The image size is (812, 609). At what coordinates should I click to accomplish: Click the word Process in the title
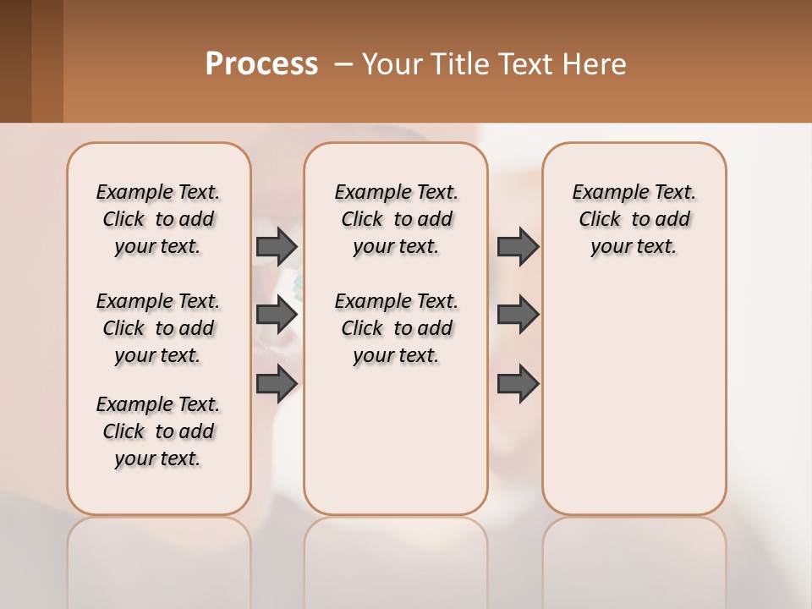[x=261, y=64]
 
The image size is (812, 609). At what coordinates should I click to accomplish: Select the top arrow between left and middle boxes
[x=276, y=246]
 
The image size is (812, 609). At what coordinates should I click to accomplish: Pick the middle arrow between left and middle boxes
[x=276, y=315]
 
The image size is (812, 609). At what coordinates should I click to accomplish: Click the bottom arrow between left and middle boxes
[x=276, y=384]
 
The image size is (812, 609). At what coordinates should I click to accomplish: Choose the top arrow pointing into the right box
[x=518, y=246]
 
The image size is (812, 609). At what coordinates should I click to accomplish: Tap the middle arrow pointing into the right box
[x=518, y=315]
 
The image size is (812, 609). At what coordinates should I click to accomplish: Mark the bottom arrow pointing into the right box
[x=518, y=384]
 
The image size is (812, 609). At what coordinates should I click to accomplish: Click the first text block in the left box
[x=158, y=219]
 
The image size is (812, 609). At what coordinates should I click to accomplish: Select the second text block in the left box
[x=158, y=328]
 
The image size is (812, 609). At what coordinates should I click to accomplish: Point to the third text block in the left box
[x=158, y=431]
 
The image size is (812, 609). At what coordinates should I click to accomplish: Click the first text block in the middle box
[x=396, y=219]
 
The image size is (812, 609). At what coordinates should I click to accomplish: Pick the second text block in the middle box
[x=396, y=328]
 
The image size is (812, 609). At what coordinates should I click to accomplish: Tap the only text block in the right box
[x=634, y=219]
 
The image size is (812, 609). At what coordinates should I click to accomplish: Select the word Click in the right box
[x=600, y=220]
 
